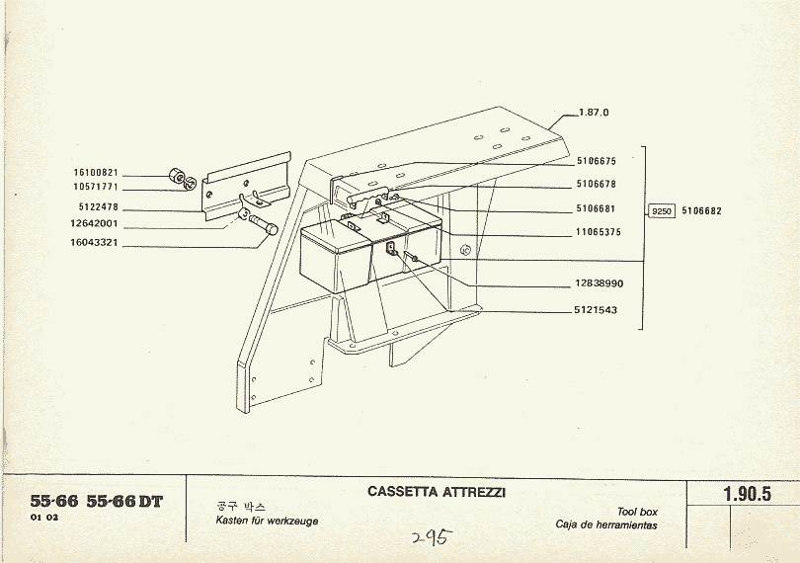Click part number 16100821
coord(96,173)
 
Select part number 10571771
coord(96,186)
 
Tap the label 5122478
coord(98,207)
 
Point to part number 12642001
coord(96,225)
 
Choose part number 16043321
coord(96,242)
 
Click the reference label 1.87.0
coord(594,113)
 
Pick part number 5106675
coord(596,161)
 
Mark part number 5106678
coord(596,185)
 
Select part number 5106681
coord(596,209)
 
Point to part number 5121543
coord(596,310)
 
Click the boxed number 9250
coord(662,211)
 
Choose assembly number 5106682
coord(701,211)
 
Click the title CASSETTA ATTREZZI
coord(436,491)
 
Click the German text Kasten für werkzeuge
coord(267,521)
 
